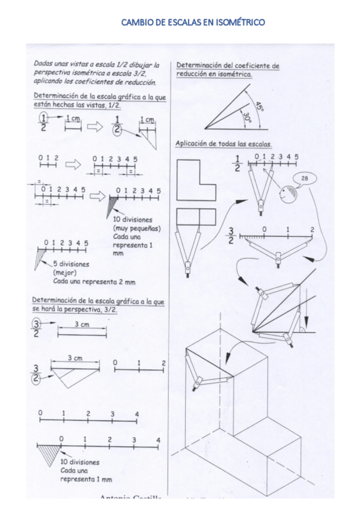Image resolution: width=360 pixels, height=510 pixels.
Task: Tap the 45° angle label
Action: click(259, 107)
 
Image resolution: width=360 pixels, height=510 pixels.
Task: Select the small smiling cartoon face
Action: click(287, 194)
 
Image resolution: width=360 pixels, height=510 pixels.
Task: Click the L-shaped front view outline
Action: click(195, 180)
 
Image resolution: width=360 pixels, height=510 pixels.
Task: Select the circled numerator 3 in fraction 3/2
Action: click(36, 325)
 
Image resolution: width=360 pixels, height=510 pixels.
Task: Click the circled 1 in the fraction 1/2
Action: click(43, 117)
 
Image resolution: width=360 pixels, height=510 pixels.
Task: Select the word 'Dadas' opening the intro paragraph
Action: click(43, 63)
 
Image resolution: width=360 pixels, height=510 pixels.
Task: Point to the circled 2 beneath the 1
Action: click(117, 129)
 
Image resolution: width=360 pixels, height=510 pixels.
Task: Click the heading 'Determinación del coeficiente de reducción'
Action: click(228, 70)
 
